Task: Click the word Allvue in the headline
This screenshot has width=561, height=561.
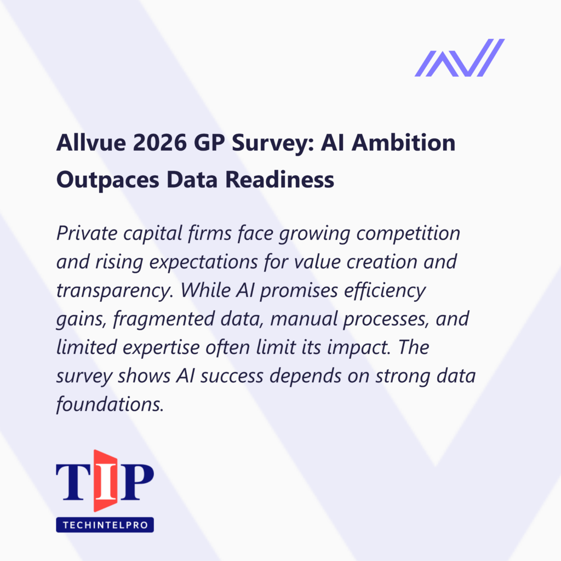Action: [91, 142]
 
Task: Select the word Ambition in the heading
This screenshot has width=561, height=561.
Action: [404, 142]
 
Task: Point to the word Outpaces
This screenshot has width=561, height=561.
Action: [108, 180]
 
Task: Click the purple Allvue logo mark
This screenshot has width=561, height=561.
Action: [460, 58]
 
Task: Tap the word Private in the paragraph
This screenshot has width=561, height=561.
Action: [87, 233]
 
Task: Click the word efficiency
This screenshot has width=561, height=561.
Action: [385, 291]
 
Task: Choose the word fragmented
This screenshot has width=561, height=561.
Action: [164, 319]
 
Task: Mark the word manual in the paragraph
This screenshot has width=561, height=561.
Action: [304, 319]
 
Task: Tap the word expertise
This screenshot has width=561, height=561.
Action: [161, 348]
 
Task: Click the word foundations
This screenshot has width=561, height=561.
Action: [110, 404]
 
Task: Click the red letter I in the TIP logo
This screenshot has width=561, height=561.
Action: [106, 480]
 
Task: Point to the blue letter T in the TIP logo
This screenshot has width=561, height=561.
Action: [74, 482]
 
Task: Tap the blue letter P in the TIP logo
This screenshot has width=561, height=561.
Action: [137, 482]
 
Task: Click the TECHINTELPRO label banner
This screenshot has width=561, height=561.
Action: [105, 525]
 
